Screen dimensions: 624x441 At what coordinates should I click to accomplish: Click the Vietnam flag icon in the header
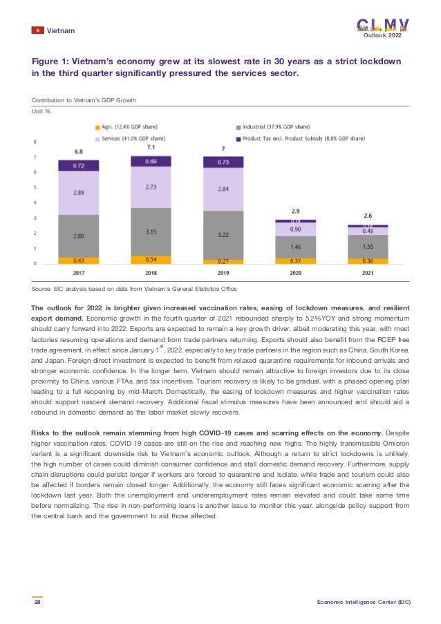pyautogui.click(x=37, y=31)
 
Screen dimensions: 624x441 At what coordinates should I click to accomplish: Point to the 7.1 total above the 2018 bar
pyautogui.click(x=151, y=148)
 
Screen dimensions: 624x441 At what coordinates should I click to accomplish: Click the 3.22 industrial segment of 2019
pyautogui.click(x=223, y=236)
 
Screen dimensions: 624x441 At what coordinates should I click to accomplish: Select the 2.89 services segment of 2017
pyautogui.click(x=79, y=193)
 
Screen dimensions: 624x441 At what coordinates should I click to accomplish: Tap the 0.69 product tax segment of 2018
pyautogui.click(x=151, y=161)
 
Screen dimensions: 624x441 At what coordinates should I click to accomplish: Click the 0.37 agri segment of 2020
pyautogui.click(x=294, y=261)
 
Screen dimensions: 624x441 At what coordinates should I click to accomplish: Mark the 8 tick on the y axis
pyautogui.click(x=35, y=142)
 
